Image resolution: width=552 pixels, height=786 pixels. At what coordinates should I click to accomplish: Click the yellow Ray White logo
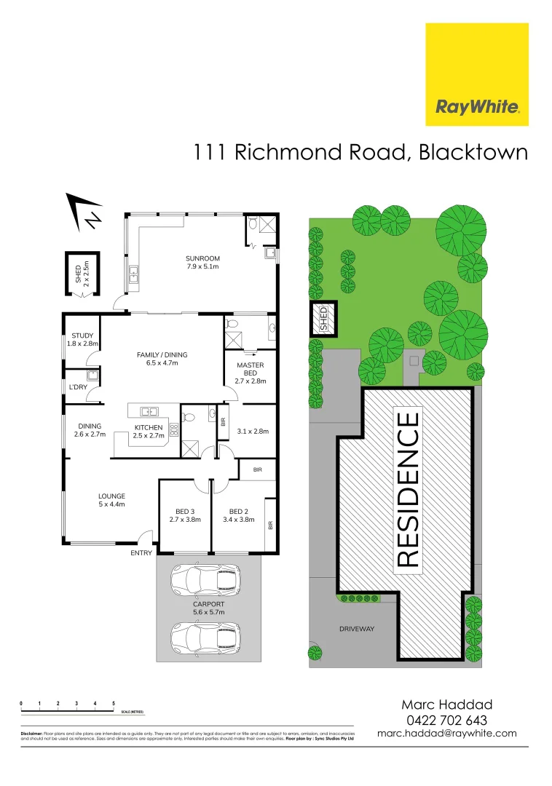tap(477, 74)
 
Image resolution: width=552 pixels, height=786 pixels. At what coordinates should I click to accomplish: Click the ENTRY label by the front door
tap(141, 553)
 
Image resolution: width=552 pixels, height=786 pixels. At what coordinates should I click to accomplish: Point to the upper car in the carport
tap(205, 580)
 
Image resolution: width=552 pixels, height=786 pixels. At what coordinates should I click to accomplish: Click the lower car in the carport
tap(205, 638)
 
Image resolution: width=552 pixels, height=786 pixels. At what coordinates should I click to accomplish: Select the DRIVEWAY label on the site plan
tap(356, 629)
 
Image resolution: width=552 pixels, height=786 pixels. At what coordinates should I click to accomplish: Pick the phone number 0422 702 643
tap(446, 720)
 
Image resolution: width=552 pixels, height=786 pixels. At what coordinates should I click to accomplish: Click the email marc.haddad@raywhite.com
tap(446, 734)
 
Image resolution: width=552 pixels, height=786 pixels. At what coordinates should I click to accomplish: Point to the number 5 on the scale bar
tap(114, 704)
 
